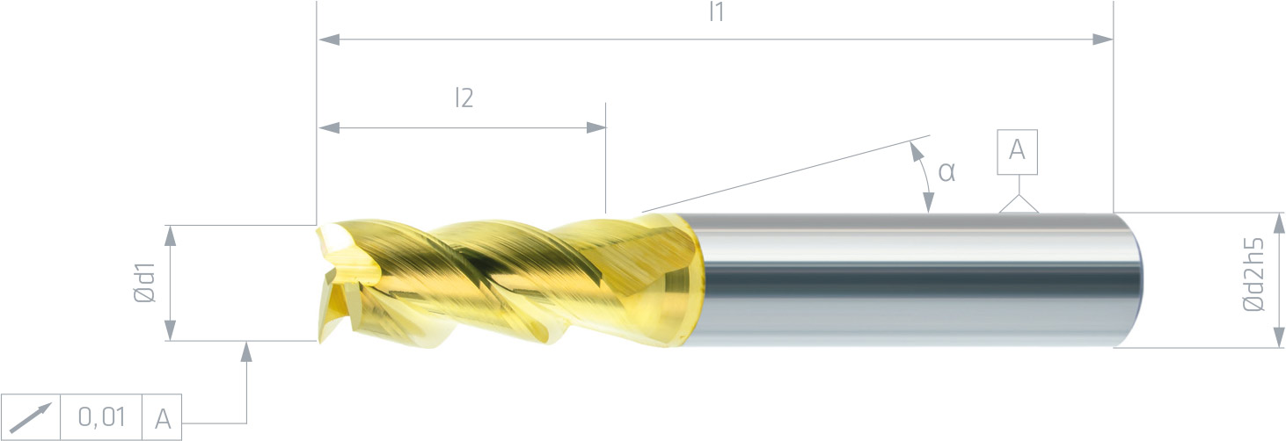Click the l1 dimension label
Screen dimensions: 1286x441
coord(716,11)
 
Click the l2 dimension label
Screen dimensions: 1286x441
coord(464,98)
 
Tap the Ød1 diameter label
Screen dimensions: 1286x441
coord(144,282)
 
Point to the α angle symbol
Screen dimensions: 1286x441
coord(946,171)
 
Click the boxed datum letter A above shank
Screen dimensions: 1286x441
coord(1017,151)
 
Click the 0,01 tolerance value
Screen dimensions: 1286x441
coord(102,417)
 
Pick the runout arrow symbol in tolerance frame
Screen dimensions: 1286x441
coord(31,417)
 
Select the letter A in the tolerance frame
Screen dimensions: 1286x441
coord(163,419)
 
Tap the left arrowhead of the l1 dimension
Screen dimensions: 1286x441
coord(328,40)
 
